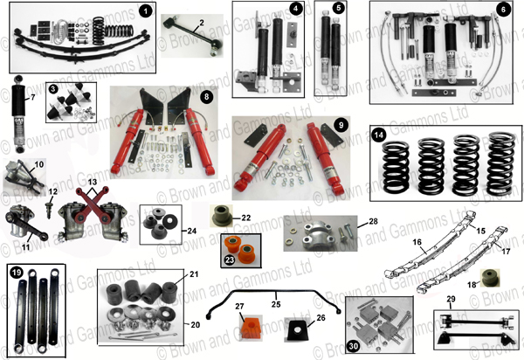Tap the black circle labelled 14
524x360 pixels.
(x=378, y=135)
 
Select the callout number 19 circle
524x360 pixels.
(x=15, y=271)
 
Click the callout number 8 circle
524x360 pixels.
(x=206, y=96)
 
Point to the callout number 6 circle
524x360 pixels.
(x=502, y=14)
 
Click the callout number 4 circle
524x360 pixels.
(x=296, y=10)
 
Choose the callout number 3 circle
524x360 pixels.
(x=52, y=89)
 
